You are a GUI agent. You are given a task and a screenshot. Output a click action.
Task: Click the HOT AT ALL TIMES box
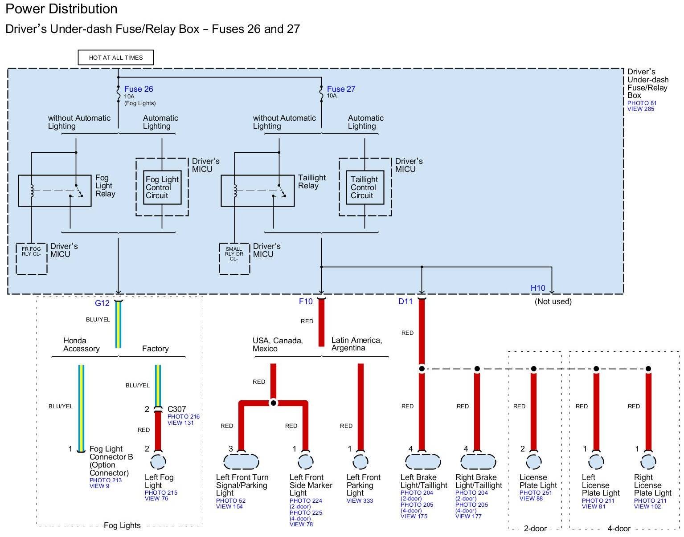[116, 57]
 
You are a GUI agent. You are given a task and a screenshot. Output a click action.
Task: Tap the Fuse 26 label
[139, 89]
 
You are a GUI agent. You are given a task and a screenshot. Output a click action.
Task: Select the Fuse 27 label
[341, 89]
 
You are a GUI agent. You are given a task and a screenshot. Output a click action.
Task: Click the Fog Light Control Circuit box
[162, 187]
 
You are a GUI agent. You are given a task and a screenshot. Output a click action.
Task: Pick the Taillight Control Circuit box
[365, 187]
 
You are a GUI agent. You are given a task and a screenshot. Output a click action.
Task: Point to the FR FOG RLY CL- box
[32, 259]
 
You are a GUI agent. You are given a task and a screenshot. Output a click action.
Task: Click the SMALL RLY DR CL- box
[234, 259]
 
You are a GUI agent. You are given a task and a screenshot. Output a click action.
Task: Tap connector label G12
[102, 303]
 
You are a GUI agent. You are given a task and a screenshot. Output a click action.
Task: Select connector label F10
[306, 302]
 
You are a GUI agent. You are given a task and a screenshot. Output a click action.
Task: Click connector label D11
[405, 302]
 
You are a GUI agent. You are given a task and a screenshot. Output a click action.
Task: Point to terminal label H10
[538, 288]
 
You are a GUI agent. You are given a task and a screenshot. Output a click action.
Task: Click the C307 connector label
[177, 409]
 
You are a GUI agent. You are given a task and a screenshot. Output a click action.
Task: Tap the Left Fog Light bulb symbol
[158, 462]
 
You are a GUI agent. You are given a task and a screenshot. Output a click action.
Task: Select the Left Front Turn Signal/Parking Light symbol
[242, 462]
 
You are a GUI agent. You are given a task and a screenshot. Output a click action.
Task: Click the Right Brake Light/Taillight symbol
[478, 462]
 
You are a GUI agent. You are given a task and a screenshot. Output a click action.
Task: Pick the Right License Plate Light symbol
[648, 462]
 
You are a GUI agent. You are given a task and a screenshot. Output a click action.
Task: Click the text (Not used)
[553, 302]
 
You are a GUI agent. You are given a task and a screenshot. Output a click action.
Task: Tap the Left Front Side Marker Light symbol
[306, 462]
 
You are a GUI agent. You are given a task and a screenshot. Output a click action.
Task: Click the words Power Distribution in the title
[61, 9]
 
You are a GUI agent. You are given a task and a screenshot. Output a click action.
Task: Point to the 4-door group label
[619, 529]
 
